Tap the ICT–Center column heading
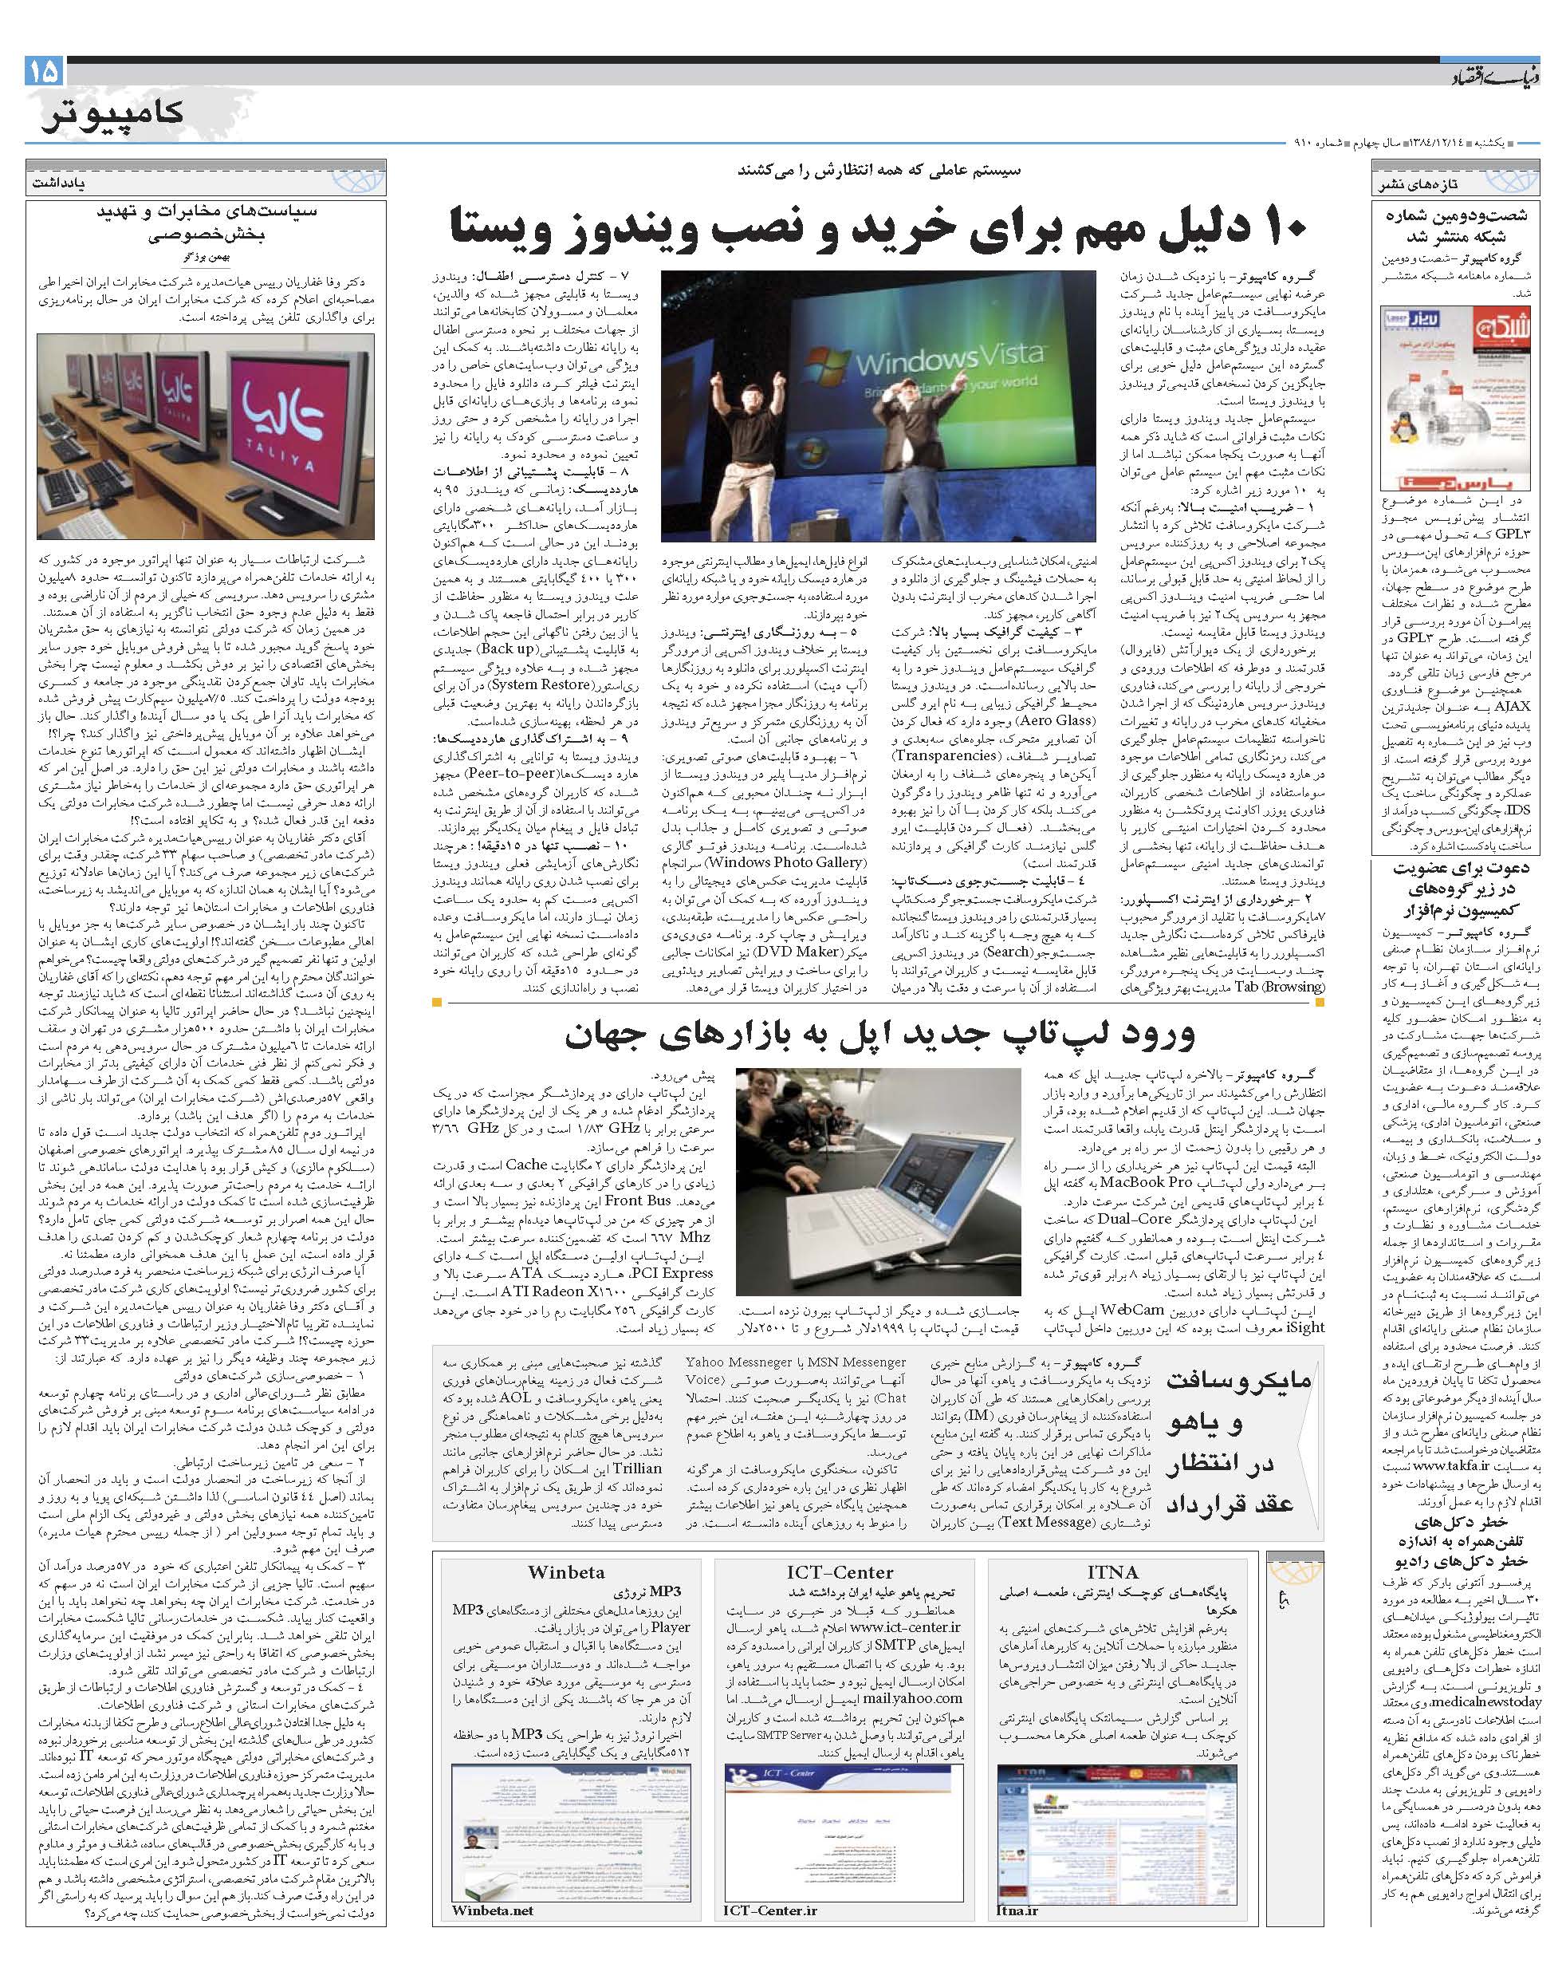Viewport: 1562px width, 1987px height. [x=840, y=1571]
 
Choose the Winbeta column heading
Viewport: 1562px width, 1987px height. [x=565, y=1571]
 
